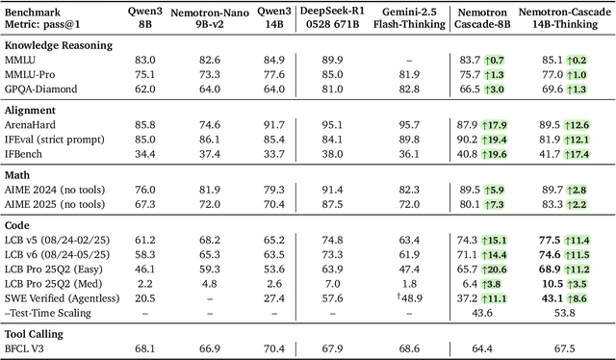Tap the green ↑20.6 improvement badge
pos(493,270)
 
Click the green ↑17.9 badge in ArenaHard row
pos(493,124)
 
